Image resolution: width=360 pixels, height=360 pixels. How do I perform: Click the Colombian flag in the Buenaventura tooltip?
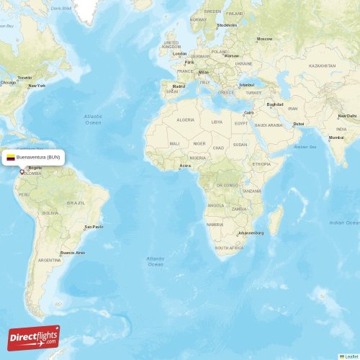click(11, 156)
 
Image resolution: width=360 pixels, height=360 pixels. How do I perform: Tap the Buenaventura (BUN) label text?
click(39, 156)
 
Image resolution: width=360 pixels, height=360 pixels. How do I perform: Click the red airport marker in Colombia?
click(22, 171)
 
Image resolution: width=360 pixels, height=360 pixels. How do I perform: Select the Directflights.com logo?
click(34, 338)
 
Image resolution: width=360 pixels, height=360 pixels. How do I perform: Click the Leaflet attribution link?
click(351, 356)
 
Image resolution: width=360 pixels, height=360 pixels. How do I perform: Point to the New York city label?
click(37, 86)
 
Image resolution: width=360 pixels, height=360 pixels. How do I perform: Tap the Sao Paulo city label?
click(94, 227)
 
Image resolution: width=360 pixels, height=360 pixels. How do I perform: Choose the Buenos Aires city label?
click(73, 253)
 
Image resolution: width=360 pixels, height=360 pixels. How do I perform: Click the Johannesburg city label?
click(251, 233)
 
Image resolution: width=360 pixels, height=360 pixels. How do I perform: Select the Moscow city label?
click(265, 39)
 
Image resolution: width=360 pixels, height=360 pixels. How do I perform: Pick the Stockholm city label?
click(227, 25)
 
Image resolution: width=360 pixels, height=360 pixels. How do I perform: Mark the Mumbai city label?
click(336, 138)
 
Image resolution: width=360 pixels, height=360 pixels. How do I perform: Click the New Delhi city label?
click(348, 116)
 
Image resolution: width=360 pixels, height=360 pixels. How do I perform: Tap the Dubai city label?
click(298, 124)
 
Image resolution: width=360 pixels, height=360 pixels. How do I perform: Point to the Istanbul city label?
click(247, 84)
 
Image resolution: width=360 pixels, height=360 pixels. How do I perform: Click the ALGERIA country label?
click(186, 120)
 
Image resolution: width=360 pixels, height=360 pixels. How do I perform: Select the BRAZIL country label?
click(76, 203)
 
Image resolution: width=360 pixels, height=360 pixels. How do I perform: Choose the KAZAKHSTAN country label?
click(323, 66)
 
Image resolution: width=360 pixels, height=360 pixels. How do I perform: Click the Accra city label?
click(186, 166)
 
